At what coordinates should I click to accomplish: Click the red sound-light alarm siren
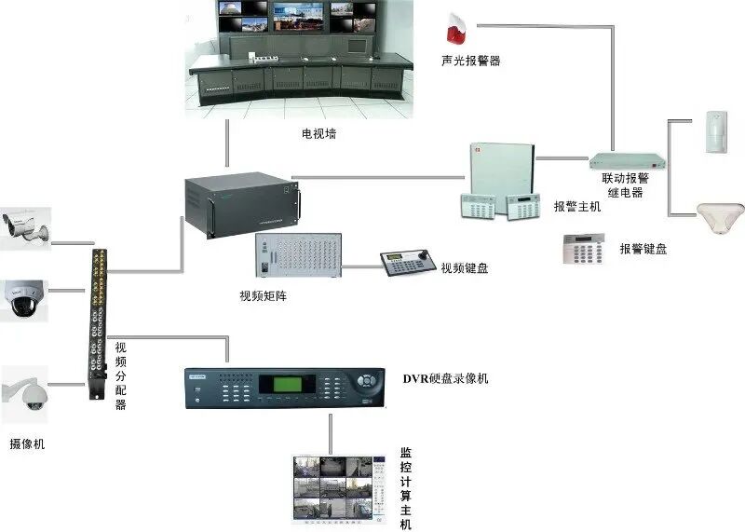(455, 32)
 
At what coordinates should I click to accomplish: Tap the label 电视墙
(318, 134)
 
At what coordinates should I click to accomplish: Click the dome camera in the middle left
(22, 299)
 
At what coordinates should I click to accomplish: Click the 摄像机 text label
(27, 444)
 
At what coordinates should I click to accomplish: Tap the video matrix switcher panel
(298, 257)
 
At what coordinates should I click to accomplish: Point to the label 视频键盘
(465, 268)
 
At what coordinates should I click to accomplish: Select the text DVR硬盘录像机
(445, 379)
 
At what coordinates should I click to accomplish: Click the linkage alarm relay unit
(617, 159)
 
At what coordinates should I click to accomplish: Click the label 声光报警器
(470, 61)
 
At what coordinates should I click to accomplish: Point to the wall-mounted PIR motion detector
(714, 130)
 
